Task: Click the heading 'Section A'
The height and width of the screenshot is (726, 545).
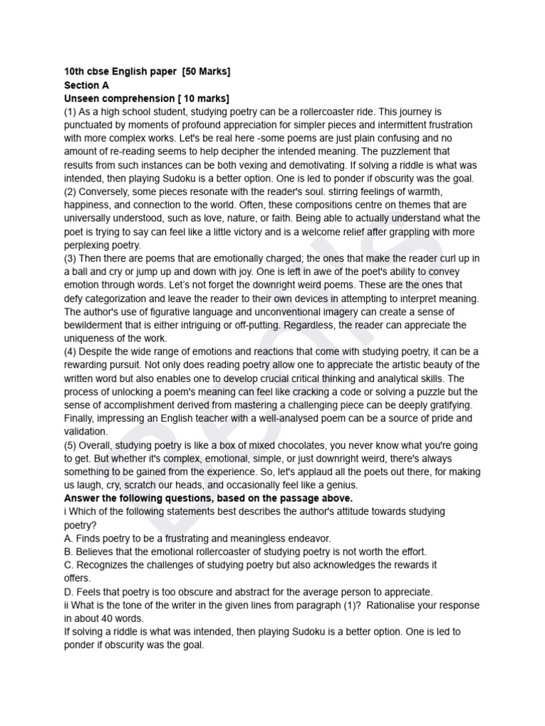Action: click(82, 85)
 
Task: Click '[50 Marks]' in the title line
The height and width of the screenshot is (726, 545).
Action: click(207, 72)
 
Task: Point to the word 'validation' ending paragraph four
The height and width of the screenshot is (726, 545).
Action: click(85, 432)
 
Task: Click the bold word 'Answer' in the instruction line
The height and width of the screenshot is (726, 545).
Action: click(82, 498)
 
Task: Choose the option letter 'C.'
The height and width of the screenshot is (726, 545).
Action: click(70, 565)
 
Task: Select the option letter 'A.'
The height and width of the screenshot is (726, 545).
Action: click(70, 539)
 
